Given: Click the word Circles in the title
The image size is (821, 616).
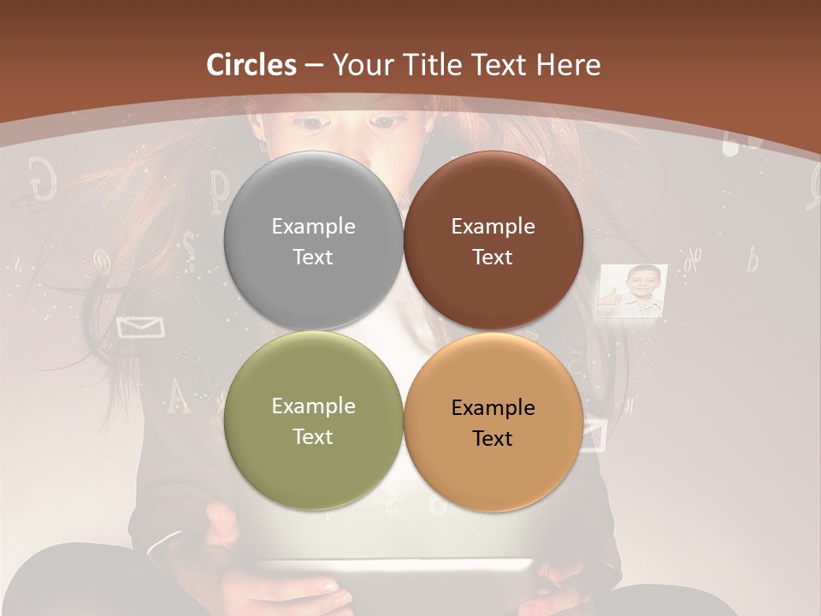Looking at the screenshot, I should [x=251, y=65].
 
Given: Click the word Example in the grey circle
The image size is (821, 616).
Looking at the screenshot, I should [x=313, y=227].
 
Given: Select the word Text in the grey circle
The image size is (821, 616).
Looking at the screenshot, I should [x=313, y=258].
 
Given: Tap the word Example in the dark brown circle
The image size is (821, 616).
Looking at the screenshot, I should [x=493, y=227].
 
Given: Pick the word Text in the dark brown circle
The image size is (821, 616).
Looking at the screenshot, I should [x=493, y=258].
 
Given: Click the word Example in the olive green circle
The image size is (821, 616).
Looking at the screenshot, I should [x=313, y=406].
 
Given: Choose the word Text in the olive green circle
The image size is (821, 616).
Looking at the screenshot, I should [x=313, y=437].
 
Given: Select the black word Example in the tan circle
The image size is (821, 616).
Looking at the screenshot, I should [x=493, y=408].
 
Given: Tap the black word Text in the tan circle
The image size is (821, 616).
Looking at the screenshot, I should [x=493, y=439].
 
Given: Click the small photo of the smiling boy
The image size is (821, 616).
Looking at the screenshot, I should [x=634, y=291].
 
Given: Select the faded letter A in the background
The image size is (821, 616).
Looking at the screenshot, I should [x=177, y=395].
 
